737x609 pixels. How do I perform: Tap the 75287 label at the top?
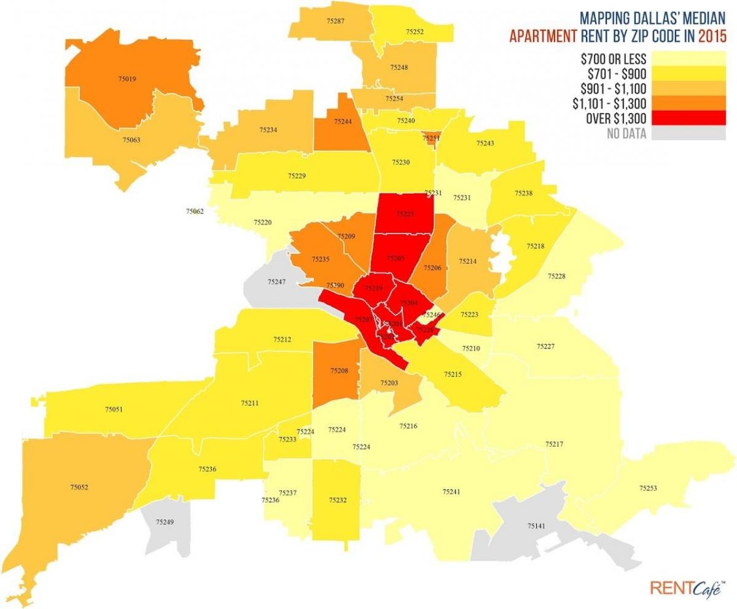[x=336, y=21]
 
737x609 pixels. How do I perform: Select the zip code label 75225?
[x=405, y=214]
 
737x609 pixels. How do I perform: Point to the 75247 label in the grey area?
[x=276, y=281]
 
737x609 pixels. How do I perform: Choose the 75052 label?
[x=79, y=487]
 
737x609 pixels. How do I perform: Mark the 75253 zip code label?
[x=648, y=489]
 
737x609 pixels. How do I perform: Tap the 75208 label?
[x=339, y=371]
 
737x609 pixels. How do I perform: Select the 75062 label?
[x=195, y=211]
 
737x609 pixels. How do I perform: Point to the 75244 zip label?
[x=343, y=122]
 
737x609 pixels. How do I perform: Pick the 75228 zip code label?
[x=556, y=277]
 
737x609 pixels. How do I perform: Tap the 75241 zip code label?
[x=451, y=491]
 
